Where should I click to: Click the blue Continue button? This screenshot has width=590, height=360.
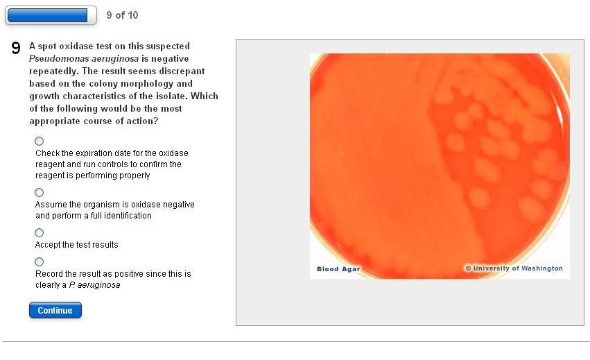[x=55, y=310]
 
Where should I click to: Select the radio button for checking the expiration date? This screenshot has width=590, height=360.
[x=39, y=142]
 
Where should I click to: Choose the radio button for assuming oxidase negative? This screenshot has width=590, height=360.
[x=39, y=192]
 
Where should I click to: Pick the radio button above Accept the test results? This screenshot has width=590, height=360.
[x=39, y=233]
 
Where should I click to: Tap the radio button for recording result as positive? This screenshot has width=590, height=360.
[x=39, y=262]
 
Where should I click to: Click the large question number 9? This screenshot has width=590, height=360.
[x=16, y=48]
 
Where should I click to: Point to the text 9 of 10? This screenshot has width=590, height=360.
[x=122, y=15]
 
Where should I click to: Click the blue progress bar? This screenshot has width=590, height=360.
[x=47, y=15]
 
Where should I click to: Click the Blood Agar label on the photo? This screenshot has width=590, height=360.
[x=338, y=269]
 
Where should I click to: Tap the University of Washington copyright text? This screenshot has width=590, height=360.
[x=514, y=268]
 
